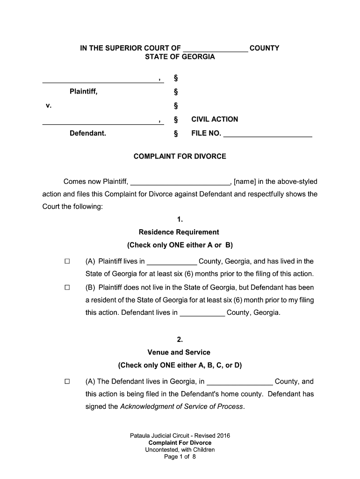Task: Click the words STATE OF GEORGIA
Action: coord(180,57)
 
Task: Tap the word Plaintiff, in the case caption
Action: coord(84,91)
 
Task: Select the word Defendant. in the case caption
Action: coord(88,133)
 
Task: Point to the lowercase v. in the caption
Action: coord(49,105)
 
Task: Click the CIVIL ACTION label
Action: coord(215,119)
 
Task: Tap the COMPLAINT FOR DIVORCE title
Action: coord(180,156)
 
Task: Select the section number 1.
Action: coord(180,219)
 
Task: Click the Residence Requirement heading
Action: coord(179,232)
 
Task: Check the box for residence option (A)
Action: coord(66,261)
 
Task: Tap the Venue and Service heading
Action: coord(179,352)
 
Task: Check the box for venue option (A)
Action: coord(66,382)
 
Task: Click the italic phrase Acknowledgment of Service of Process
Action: coord(182,406)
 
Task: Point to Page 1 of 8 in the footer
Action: coord(180,457)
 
